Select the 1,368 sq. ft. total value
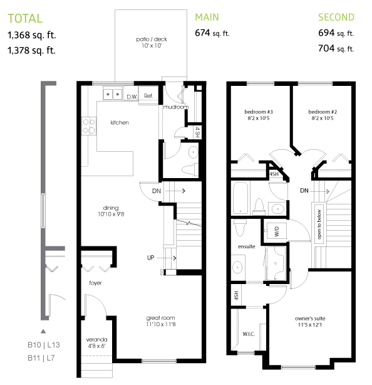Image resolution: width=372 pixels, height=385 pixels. [31, 35]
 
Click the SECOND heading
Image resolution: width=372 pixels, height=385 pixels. [336, 18]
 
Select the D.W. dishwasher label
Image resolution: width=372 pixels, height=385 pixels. [132, 97]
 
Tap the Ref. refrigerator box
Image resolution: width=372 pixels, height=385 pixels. [148, 96]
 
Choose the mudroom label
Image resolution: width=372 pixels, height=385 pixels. [175, 107]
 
